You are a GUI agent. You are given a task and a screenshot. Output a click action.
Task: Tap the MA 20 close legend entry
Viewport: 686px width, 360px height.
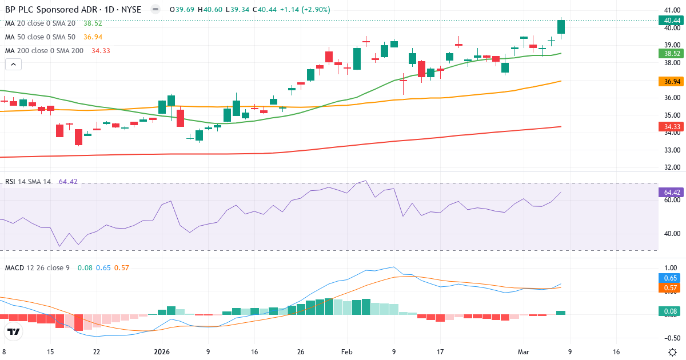(x=40, y=23)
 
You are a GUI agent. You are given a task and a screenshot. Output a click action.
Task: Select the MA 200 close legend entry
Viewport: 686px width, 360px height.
(x=44, y=51)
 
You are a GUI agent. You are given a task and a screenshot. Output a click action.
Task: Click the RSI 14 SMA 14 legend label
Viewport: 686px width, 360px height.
(x=27, y=182)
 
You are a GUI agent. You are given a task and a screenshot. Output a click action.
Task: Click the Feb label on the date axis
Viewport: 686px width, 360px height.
(x=347, y=352)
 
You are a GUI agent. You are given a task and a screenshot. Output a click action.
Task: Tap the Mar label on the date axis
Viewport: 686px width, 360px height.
(x=523, y=352)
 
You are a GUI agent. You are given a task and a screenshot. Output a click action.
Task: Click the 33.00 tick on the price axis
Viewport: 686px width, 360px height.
(x=671, y=150)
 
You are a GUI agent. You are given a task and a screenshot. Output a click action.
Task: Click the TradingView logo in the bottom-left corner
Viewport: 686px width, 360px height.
(x=14, y=331)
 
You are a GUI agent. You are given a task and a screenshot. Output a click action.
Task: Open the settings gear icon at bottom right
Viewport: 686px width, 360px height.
(x=672, y=352)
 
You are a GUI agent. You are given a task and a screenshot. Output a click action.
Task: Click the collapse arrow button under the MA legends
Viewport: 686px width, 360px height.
(x=13, y=65)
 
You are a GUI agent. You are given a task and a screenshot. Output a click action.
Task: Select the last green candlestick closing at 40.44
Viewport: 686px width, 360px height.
(x=561, y=27)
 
